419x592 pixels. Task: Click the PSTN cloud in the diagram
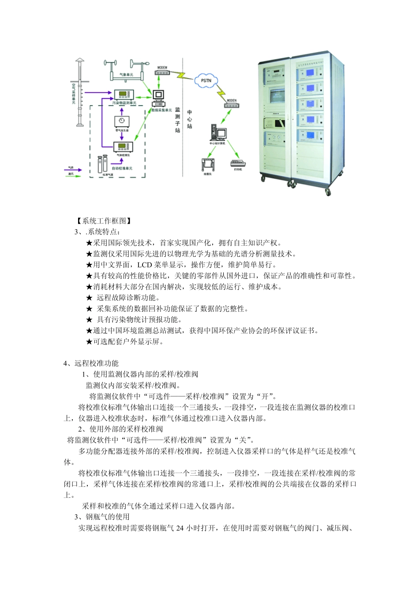point(206,81)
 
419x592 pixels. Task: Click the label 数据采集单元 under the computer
point(162,110)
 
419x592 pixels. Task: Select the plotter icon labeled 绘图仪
point(208,164)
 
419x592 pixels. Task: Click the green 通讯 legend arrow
point(74,176)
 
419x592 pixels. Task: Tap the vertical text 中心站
point(189,119)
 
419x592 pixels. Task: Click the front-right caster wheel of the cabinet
point(328,192)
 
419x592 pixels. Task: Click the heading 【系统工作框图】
point(104,221)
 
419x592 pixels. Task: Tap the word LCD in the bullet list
point(145,265)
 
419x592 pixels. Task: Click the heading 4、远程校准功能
point(91,363)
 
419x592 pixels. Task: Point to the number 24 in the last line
point(180,528)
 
